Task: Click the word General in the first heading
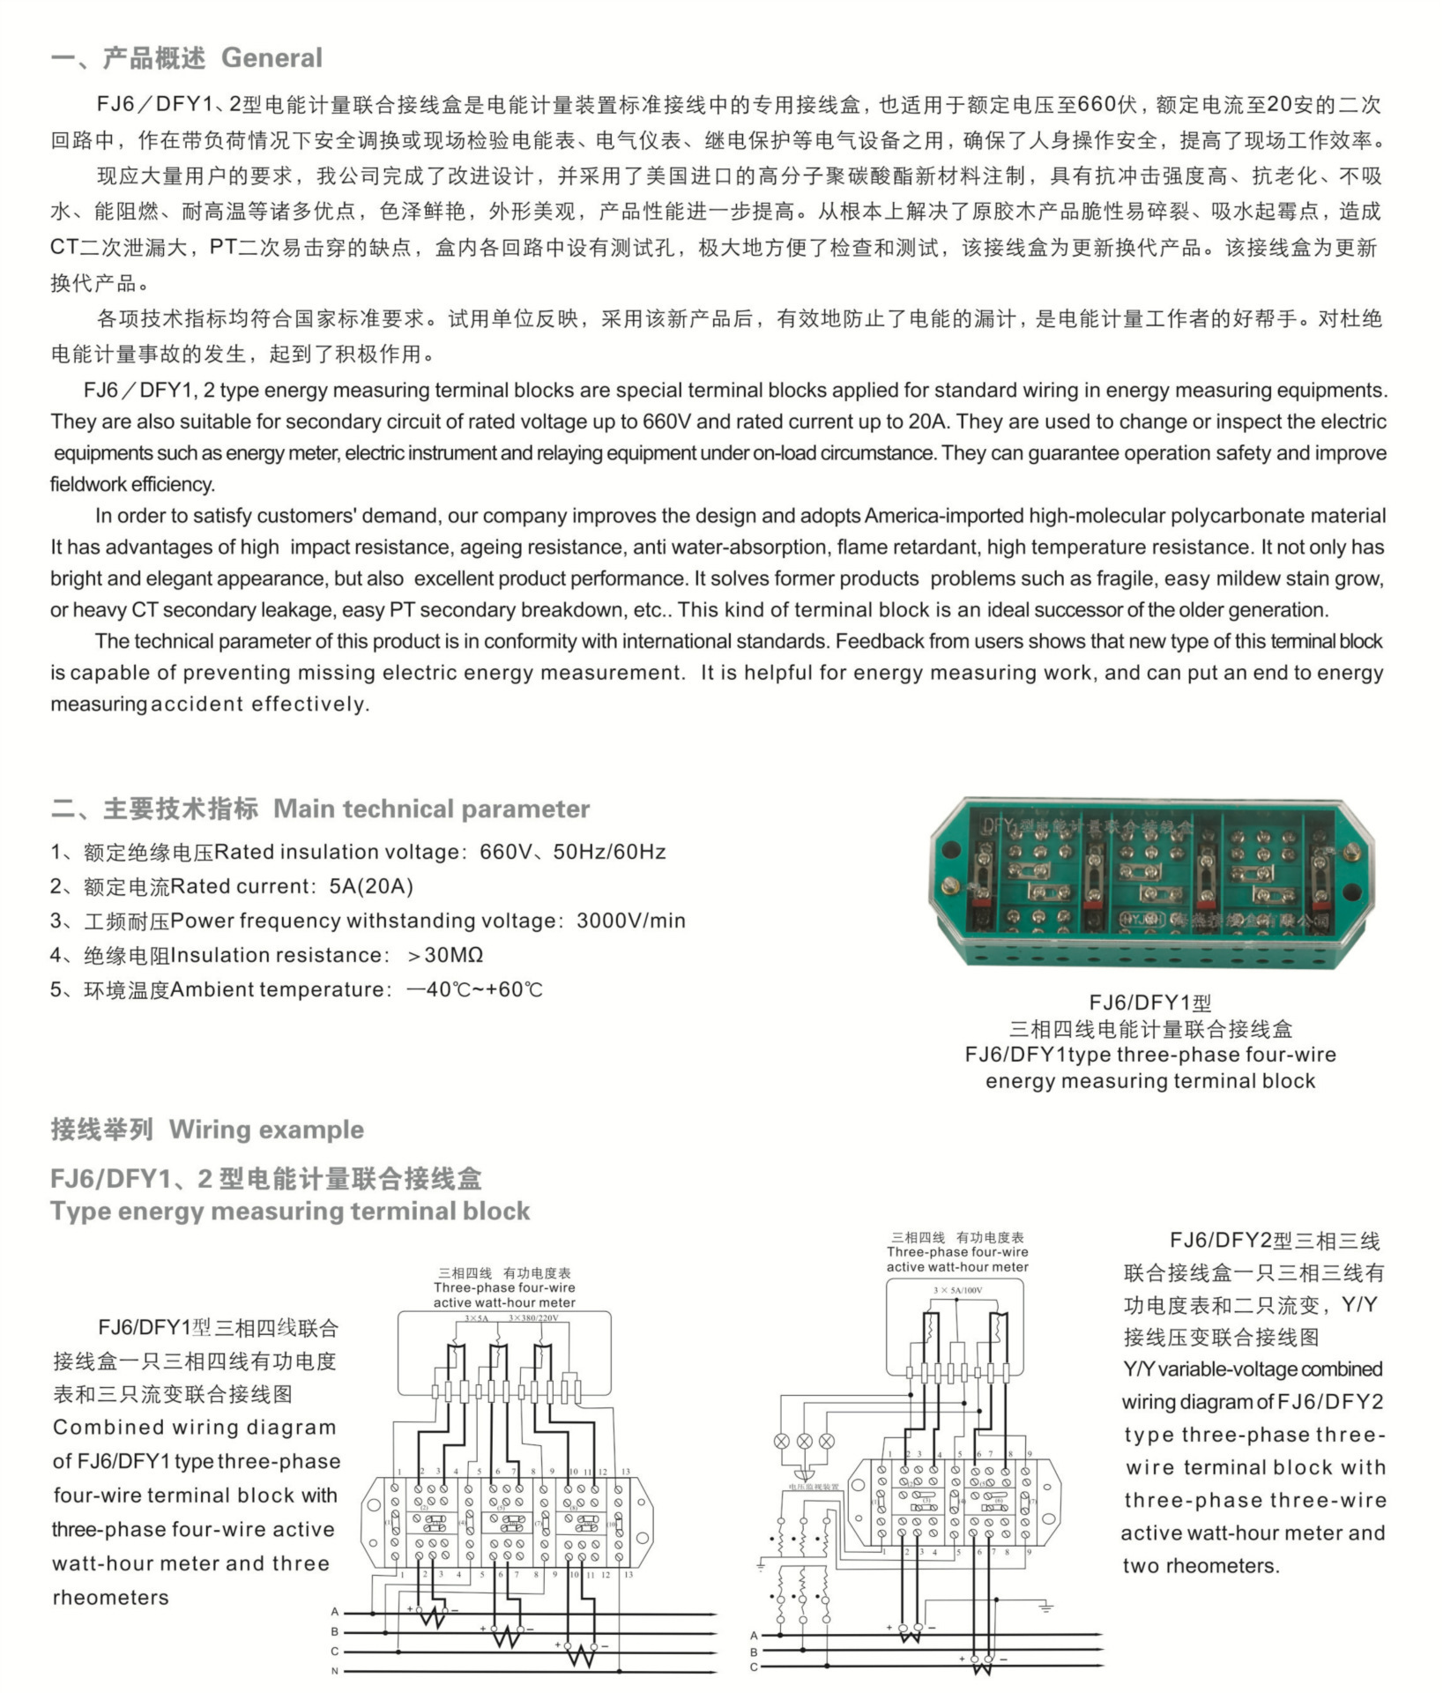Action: [271, 58]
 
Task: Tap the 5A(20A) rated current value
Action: [371, 886]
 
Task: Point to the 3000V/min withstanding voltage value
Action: [630, 921]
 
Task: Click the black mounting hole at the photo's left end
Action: [950, 852]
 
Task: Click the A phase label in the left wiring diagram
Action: [335, 1612]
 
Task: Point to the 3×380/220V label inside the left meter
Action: [533, 1318]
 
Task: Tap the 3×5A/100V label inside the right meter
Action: [957, 1290]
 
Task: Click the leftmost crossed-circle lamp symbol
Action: [781, 1441]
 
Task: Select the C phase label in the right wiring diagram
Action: [754, 1667]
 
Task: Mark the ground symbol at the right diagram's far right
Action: [1046, 1607]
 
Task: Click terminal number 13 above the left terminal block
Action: [626, 1472]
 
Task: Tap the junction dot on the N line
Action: [621, 1670]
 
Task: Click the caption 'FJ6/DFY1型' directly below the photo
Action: [1150, 1003]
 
